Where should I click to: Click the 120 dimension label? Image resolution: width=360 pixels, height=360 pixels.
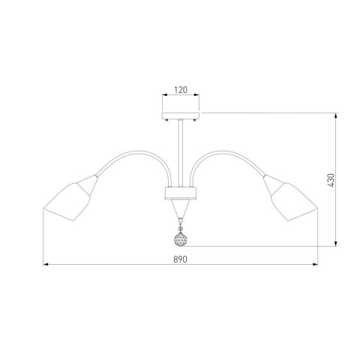click(x=181, y=90)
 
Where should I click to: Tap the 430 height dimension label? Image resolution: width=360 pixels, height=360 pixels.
click(x=331, y=180)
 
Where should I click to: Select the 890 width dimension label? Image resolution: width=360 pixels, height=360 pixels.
click(x=180, y=259)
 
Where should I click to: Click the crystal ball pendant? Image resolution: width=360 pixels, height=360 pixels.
click(x=181, y=239)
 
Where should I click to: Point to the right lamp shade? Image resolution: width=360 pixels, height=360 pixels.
click(x=291, y=198)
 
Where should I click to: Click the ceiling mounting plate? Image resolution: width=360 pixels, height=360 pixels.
click(x=181, y=115)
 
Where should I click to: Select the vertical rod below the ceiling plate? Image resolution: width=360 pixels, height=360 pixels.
click(x=181, y=153)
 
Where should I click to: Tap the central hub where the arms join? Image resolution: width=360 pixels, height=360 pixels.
click(x=181, y=193)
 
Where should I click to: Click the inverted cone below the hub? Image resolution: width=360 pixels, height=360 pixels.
click(x=181, y=208)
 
